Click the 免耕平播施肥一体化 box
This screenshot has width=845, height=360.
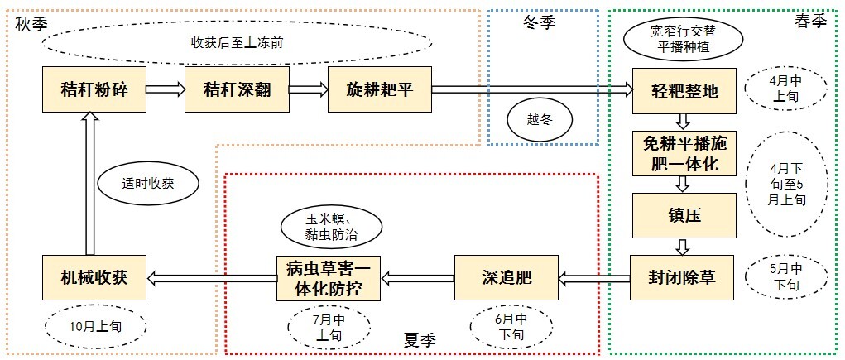coord(683,154)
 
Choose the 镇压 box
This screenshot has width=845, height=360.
coord(683,215)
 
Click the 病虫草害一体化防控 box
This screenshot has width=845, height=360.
coord(328,277)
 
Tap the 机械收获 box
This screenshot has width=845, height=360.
coord(94,277)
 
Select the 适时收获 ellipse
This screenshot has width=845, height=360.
coord(148,185)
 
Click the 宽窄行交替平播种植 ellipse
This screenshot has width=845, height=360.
coord(684,37)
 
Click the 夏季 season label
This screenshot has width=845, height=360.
coord(420,339)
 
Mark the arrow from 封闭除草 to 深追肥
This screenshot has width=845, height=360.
coord(593,278)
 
